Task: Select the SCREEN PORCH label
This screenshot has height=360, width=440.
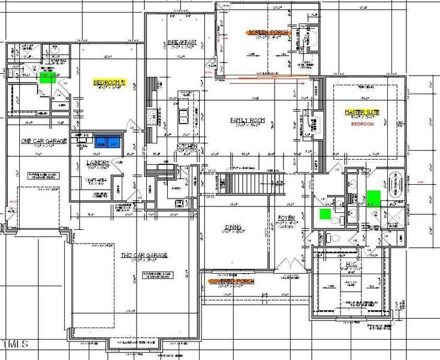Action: click(x=268, y=32)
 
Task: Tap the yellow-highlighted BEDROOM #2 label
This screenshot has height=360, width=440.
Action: click(x=109, y=82)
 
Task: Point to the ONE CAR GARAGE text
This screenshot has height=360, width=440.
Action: click(x=43, y=141)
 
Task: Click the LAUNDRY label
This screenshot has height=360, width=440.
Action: click(x=97, y=163)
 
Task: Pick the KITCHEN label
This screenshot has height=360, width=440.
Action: click(x=186, y=146)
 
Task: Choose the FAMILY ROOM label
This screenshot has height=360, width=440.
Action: click(x=248, y=120)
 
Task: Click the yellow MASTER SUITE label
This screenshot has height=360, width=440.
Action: click(x=362, y=112)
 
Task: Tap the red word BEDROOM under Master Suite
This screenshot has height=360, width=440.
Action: click(x=362, y=124)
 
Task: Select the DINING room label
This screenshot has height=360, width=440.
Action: click(x=233, y=227)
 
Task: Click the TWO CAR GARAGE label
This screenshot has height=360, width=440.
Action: click(x=144, y=255)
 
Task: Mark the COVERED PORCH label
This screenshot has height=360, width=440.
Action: click(x=231, y=281)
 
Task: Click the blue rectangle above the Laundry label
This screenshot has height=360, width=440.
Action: click(x=107, y=143)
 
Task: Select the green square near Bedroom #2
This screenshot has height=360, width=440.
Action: click(x=46, y=77)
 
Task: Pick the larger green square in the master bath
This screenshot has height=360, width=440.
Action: click(x=373, y=197)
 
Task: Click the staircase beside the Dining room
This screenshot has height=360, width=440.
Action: click(x=228, y=183)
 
